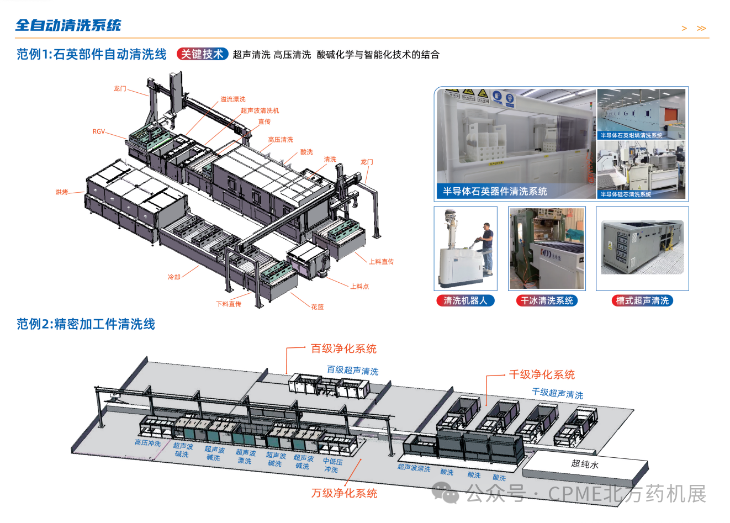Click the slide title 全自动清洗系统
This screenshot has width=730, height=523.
coord(68,25)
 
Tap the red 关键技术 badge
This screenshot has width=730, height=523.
coord(202,54)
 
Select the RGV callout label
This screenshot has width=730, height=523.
coord(99,131)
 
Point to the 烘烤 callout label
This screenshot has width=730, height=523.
coord(61,192)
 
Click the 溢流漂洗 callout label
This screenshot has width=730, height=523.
coord(232,99)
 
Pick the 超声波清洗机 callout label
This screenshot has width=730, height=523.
coord(260,110)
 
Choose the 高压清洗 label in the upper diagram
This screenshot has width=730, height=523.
coord(281,140)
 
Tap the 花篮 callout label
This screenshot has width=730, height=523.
coord(318,307)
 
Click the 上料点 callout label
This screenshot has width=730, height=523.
coord(359,287)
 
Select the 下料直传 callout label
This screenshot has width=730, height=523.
coord(229,304)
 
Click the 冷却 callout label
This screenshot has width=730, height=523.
coord(174,277)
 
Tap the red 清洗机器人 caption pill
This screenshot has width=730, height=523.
coord(465,301)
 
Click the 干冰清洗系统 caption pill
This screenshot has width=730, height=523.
coord(547,301)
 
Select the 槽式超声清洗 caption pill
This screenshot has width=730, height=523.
coord(642,301)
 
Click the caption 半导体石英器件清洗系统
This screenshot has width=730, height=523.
coord(495,192)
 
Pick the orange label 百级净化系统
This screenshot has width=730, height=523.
coord(343,348)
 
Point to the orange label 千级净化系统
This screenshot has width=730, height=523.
coord(542,374)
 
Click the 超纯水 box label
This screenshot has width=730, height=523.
coord(585,464)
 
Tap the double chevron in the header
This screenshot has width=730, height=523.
coord(701,28)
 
